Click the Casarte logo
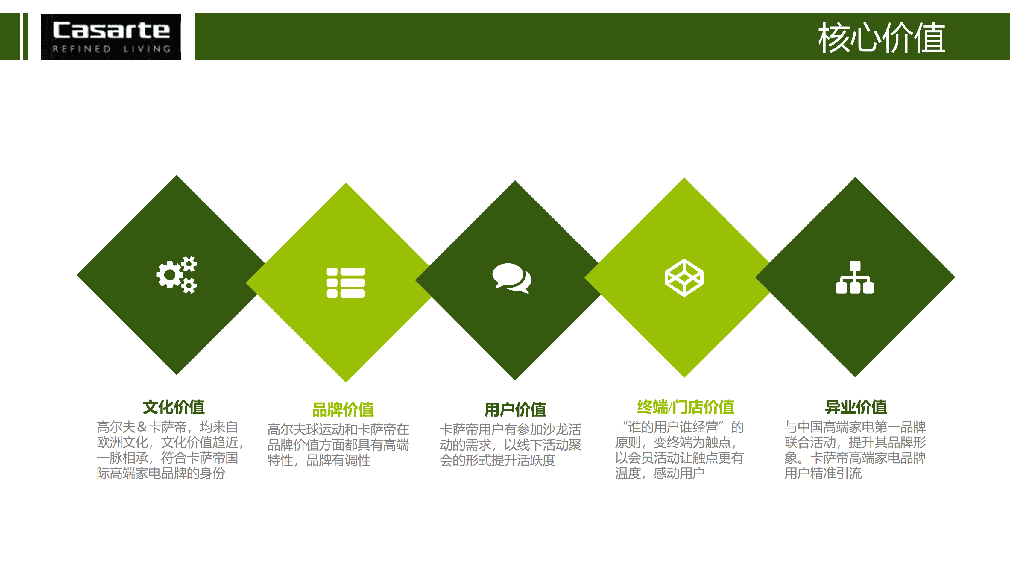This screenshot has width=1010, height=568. (111, 37)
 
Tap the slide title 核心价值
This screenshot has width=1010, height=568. (881, 38)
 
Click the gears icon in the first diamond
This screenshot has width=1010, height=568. (177, 275)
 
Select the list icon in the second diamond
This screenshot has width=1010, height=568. (346, 283)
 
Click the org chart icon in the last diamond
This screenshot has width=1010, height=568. (855, 277)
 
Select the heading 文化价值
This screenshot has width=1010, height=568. (174, 407)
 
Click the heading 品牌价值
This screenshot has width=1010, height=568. (343, 410)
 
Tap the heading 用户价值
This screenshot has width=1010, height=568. (515, 410)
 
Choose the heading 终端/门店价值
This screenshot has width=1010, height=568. (685, 407)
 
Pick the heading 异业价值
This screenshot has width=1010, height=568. (856, 407)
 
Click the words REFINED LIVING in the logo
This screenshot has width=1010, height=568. (112, 49)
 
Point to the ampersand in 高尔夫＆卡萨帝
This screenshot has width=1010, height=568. (142, 427)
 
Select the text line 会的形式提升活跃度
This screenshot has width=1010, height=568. (498, 460)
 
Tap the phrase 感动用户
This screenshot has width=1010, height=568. (679, 473)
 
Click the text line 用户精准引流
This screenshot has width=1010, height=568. (823, 473)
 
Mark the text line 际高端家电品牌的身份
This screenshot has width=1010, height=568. (161, 473)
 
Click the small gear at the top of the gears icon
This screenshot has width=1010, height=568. (190, 264)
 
